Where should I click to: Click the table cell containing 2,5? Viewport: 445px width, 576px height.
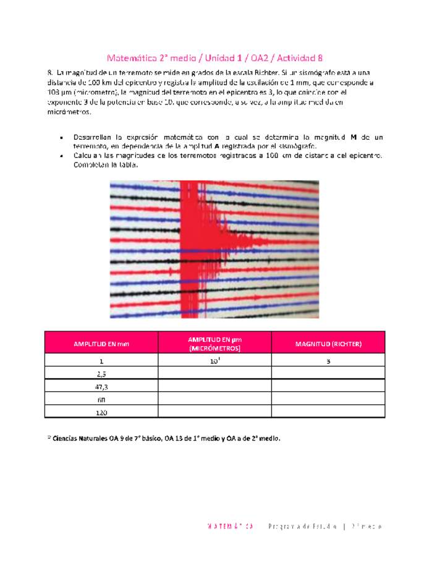tap(101, 373)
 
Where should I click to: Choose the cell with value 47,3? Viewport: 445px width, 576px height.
tap(101, 387)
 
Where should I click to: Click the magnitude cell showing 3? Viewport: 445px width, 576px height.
tap(328, 360)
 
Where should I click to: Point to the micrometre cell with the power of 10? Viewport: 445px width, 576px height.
tap(214, 360)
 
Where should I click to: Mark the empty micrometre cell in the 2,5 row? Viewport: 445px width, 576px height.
tap(214, 373)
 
